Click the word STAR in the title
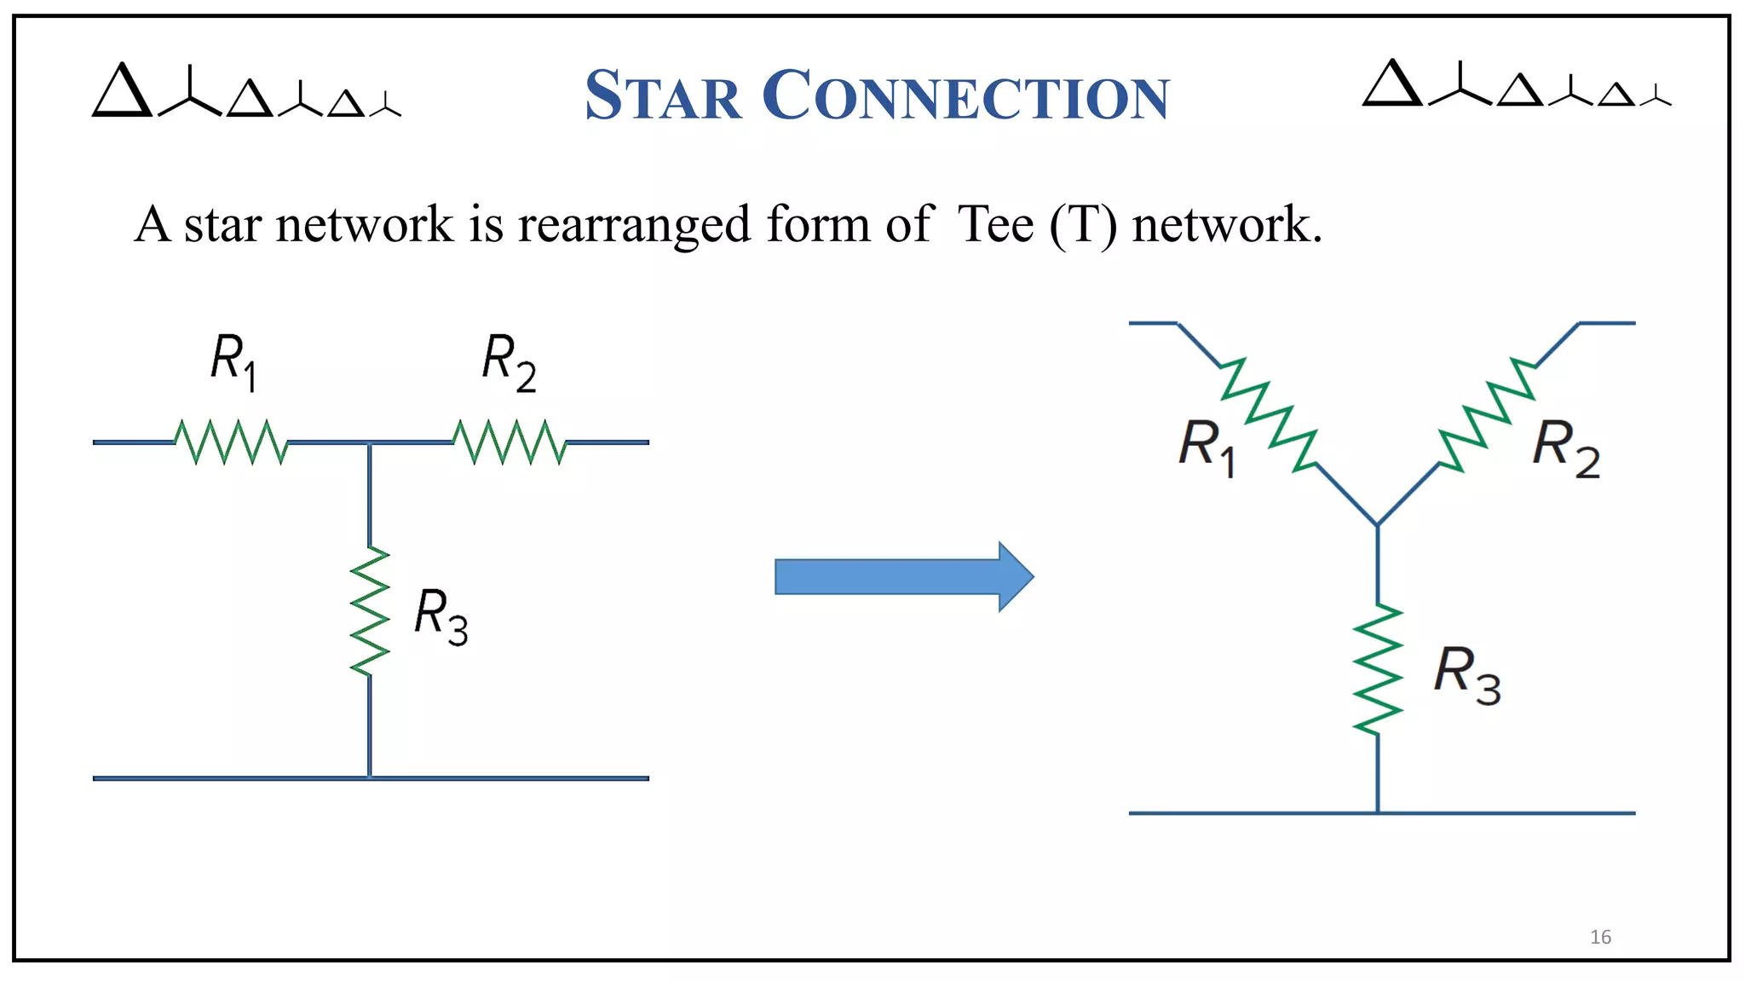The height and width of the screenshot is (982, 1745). [x=663, y=95]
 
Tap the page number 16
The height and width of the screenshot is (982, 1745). [x=1600, y=937]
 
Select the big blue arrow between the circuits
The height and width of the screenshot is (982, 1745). [x=903, y=577]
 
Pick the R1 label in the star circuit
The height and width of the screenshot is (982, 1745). [x=1207, y=447]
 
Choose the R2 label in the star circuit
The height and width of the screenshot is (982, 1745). [x=1565, y=447]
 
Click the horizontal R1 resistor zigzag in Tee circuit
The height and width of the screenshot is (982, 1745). [x=231, y=442]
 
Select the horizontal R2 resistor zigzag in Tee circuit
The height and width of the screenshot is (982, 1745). [x=509, y=442]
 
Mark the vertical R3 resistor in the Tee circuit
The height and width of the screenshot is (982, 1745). [x=370, y=612]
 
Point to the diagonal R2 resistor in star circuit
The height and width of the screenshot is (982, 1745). [x=1488, y=414]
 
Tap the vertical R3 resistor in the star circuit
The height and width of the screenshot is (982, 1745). [x=1378, y=669]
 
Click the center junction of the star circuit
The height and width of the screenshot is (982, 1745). [x=1378, y=524]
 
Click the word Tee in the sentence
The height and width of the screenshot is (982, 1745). [x=994, y=225]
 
